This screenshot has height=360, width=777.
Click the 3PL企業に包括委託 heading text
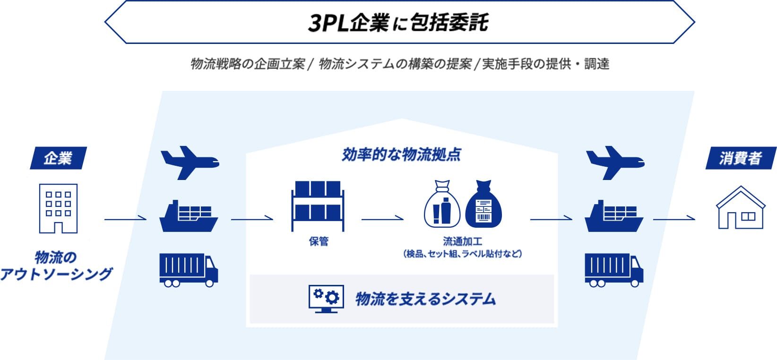398,23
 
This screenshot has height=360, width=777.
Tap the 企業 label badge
58,158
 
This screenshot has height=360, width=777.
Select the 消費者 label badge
740,158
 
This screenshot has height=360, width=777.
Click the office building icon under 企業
58,208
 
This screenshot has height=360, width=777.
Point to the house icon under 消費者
740,208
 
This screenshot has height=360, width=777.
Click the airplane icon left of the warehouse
189,163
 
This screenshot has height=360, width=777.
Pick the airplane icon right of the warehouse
614,163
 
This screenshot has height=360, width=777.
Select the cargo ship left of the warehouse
189,216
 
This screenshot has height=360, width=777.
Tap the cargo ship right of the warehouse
614,216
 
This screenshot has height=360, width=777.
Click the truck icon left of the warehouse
189,270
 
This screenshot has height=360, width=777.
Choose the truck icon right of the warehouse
614,270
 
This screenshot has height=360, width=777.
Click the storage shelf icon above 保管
318,205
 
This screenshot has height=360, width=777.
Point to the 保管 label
318,241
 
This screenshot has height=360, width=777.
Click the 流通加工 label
462,241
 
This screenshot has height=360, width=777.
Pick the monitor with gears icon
326,299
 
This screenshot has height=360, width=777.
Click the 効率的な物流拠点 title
401,154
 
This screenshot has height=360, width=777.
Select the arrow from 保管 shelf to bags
382,219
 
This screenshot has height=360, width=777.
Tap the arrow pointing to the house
674,219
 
